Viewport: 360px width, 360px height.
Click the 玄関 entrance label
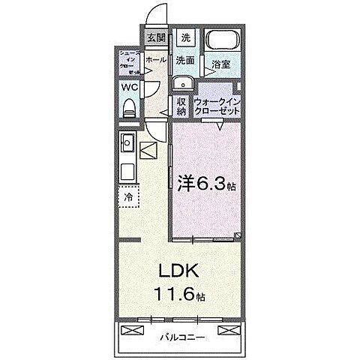tap(154, 37)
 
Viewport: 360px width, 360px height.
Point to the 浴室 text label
tap(220, 64)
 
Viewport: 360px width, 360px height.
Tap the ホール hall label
tap(156, 59)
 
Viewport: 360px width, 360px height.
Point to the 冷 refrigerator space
tap(127, 197)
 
